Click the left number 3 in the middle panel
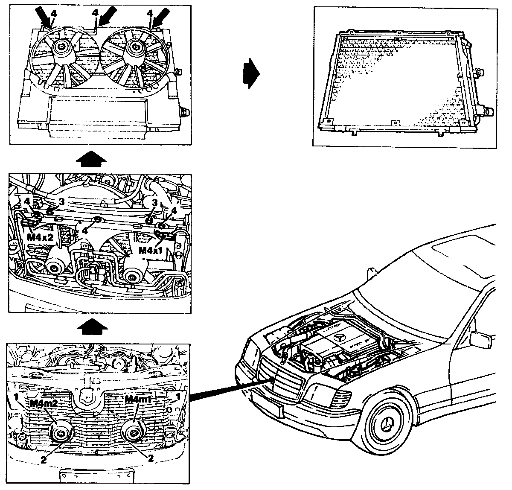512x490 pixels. click(x=61, y=201)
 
